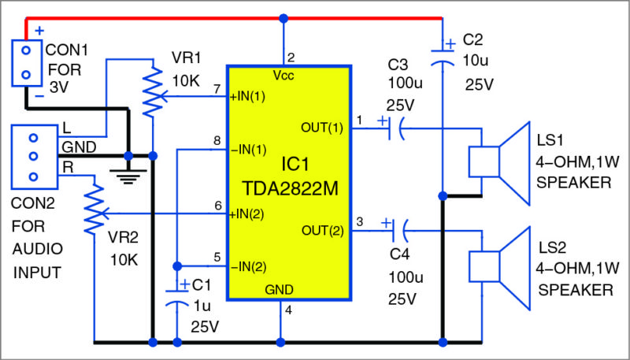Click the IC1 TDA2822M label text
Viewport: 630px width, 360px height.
coord(287,178)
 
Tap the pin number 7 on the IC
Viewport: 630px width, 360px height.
coord(217,89)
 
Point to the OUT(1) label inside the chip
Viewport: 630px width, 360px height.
coord(322,125)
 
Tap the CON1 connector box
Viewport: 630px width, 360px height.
coord(26,63)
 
